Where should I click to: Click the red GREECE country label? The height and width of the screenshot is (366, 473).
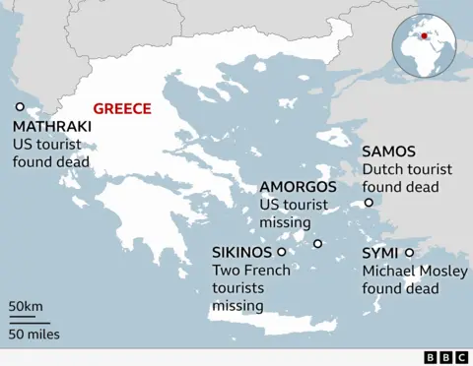pos(121,109)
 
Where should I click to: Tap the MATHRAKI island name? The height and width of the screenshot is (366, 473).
pos(52,126)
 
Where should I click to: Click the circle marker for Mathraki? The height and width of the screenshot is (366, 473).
pos(19,107)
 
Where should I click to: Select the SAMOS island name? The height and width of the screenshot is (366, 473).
pos(388,152)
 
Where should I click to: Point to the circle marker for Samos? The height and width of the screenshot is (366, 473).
pos(369,203)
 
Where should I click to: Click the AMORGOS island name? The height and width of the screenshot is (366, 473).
pos(298,186)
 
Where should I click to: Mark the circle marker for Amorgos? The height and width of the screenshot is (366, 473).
pos(317,244)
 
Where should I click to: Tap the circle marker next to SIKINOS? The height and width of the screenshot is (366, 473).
pos(282,252)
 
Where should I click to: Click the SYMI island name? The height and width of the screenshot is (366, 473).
pos(380,253)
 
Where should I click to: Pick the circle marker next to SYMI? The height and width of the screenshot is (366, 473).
pos(409,252)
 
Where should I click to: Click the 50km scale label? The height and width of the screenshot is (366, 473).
pos(27,307)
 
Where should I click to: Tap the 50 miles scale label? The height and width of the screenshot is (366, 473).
pos(34,334)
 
